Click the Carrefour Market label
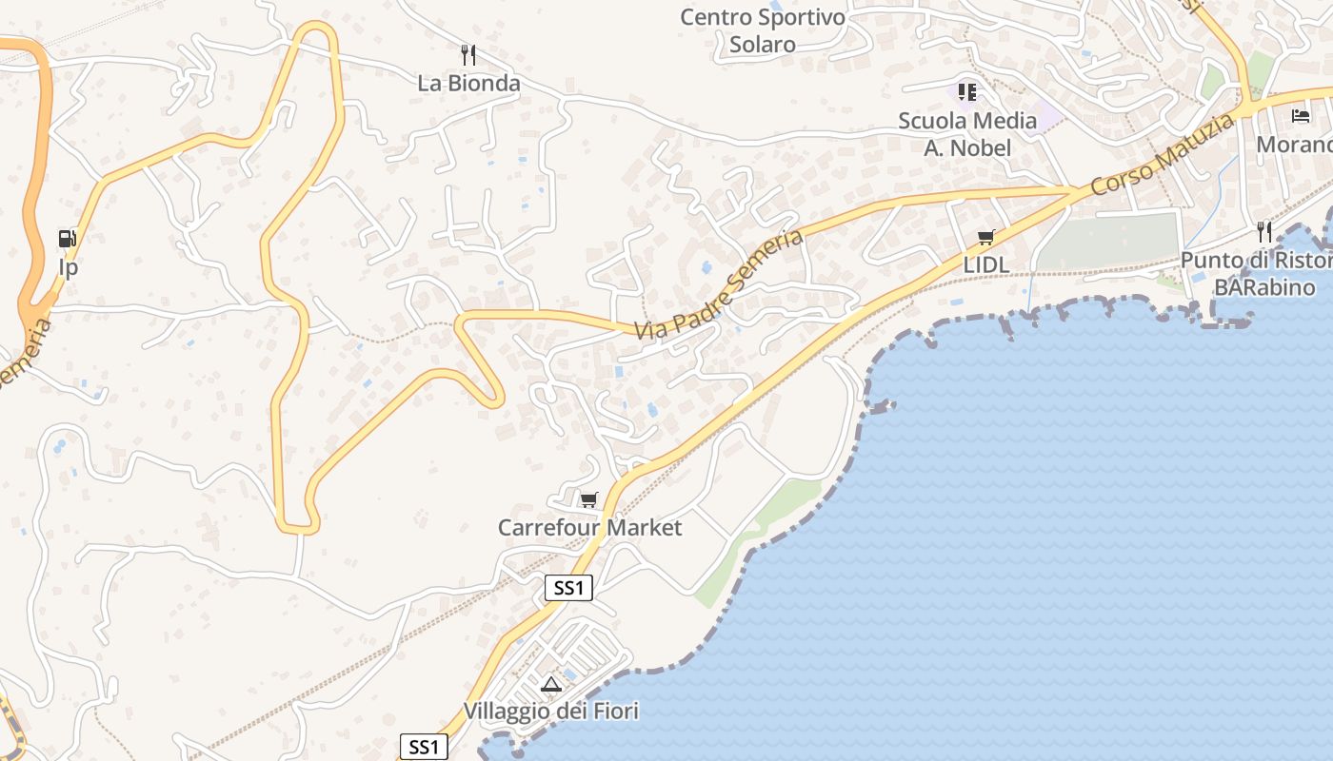[x=589, y=527]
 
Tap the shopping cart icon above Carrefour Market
[x=589, y=499]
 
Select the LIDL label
[x=985, y=264]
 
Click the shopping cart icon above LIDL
[x=985, y=238]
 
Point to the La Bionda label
[x=468, y=83]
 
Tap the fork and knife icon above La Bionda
[x=468, y=54]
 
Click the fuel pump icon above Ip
[x=68, y=239]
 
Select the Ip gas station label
[x=68, y=267]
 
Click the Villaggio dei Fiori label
[x=550, y=711]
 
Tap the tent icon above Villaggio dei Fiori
[x=550, y=683]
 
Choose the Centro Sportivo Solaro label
[x=763, y=30]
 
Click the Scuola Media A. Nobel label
[x=967, y=134]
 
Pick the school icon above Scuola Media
[x=967, y=92]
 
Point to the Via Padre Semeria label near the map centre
[x=720, y=284]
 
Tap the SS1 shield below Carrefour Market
[x=568, y=588]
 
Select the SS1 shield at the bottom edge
[x=423, y=747]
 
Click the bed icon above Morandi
[x=1301, y=116]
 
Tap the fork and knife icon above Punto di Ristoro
[x=1264, y=231]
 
